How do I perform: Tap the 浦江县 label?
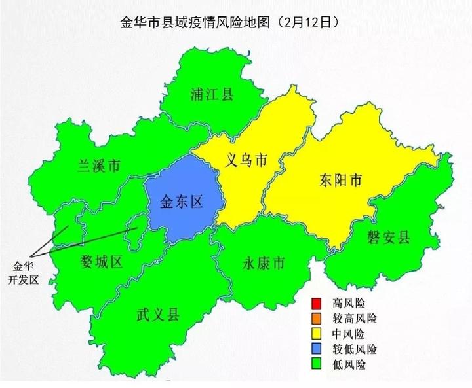[210, 94]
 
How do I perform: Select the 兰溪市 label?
[99, 166]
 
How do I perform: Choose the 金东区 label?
[182, 202]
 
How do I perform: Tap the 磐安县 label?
[389, 237]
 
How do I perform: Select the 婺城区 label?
[102, 262]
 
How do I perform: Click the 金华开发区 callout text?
[26, 273]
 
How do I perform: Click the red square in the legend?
[316, 304]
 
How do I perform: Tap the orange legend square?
[316, 319]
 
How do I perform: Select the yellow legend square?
[316, 334]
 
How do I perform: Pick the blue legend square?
[316, 349]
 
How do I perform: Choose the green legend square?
[316, 364]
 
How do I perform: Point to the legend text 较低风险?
[355, 349]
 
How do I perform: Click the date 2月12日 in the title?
[307, 22]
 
